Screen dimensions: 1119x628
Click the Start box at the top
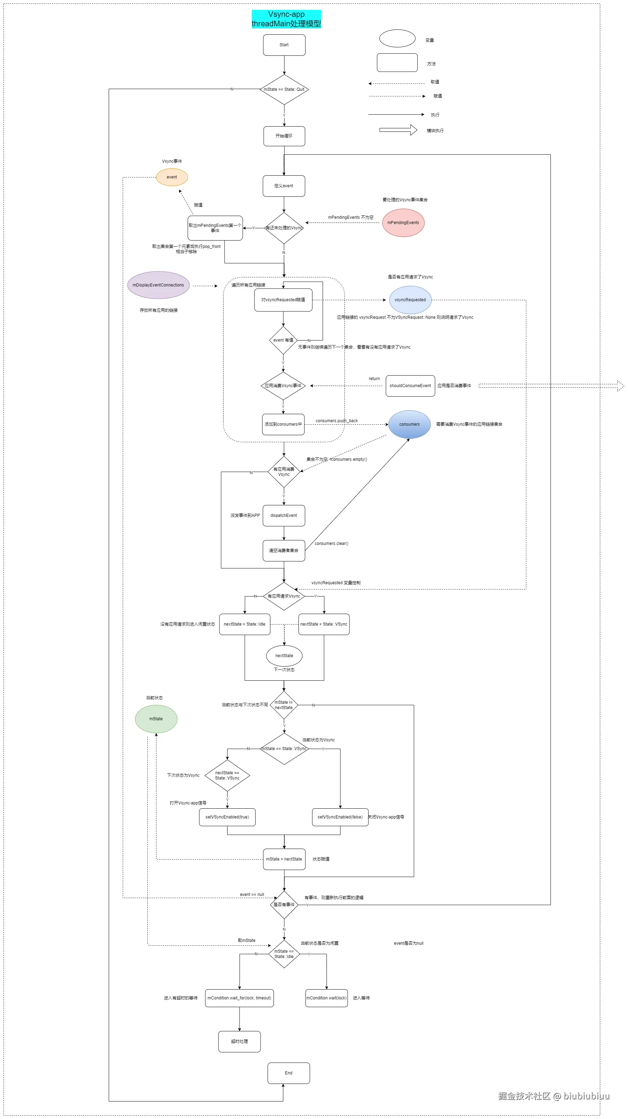click(x=284, y=45)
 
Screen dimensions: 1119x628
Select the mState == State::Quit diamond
click(x=284, y=89)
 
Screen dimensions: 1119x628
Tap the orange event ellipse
click(x=172, y=177)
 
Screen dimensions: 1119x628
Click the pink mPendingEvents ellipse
click(x=403, y=223)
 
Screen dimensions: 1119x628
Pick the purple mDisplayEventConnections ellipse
click(x=158, y=285)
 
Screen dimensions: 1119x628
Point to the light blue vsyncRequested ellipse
click(x=410, y=300)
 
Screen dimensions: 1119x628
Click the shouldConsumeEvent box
click(x=410, y=386)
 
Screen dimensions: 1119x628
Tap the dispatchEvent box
click(x=284, y=515)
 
